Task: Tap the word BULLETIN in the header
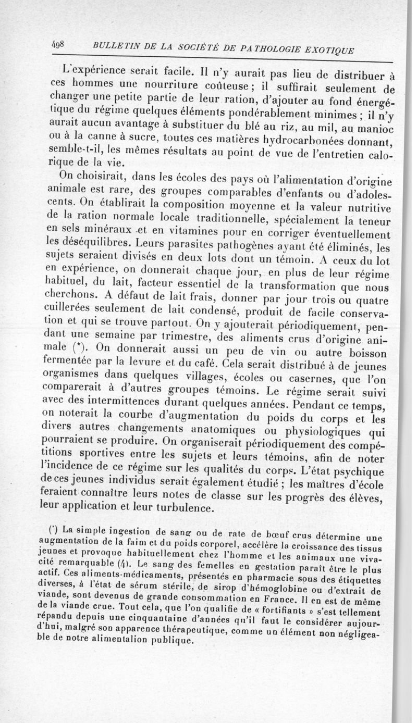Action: [x=116, y=47]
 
